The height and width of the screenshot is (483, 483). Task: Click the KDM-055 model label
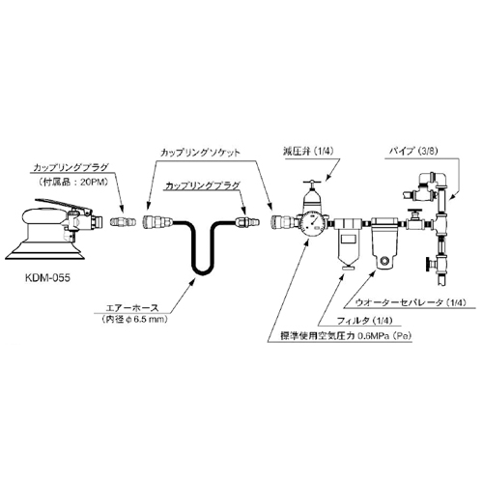(47, 277)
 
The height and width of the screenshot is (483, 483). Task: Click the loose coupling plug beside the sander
(122, 222)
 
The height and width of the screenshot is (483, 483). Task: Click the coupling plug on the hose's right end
(248, 222)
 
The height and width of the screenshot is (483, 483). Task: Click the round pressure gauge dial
(312, 224)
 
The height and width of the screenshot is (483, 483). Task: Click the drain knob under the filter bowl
(348, 268)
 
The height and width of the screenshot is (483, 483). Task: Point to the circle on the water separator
(384, 260)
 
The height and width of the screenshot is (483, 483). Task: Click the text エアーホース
(132, 307)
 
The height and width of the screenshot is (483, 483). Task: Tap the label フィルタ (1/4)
(364, 321)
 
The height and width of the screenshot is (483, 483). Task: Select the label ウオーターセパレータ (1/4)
(411, 302)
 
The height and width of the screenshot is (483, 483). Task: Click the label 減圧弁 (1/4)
(308, 151)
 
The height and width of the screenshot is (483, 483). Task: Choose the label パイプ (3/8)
(414, 151)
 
